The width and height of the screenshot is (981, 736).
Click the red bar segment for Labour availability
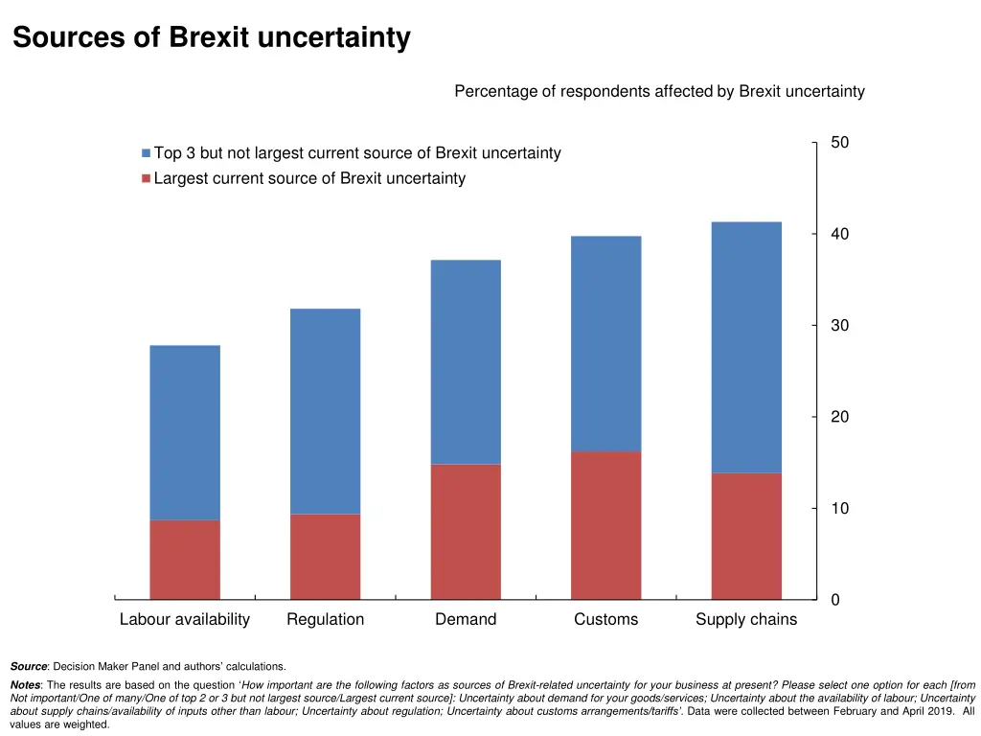pos(185,560)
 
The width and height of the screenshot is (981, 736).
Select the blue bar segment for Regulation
pos(325,411)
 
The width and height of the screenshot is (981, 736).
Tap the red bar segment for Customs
pos(605,525)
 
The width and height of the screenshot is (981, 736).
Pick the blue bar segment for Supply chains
pos(746,347)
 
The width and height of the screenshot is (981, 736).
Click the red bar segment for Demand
pos(466,532)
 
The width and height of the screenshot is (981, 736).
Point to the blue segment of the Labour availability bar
pos(185,432)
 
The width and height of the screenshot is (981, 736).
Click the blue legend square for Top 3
pos(146,153)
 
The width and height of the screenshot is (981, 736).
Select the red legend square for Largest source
pos(146,178)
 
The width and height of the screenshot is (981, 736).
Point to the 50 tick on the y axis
pos(839,143)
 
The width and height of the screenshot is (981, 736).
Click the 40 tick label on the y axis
pos(839,234)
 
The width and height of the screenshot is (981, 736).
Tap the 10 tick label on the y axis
pos(839,509)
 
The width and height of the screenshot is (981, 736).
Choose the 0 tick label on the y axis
pos(835,600)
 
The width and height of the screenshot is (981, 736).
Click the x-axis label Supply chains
pos(746,620)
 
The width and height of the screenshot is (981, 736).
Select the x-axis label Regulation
pos(325,620)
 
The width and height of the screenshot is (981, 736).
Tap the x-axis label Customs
pos(605,620)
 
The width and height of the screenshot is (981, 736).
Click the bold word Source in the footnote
pos(29,666)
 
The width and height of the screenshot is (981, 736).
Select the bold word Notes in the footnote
pos(27,685)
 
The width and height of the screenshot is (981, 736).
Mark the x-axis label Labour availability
pos(185,620)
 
